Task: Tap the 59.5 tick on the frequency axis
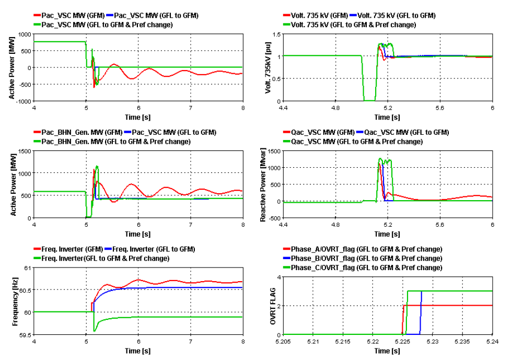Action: point(24,334)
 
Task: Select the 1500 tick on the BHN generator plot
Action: point(25,151)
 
